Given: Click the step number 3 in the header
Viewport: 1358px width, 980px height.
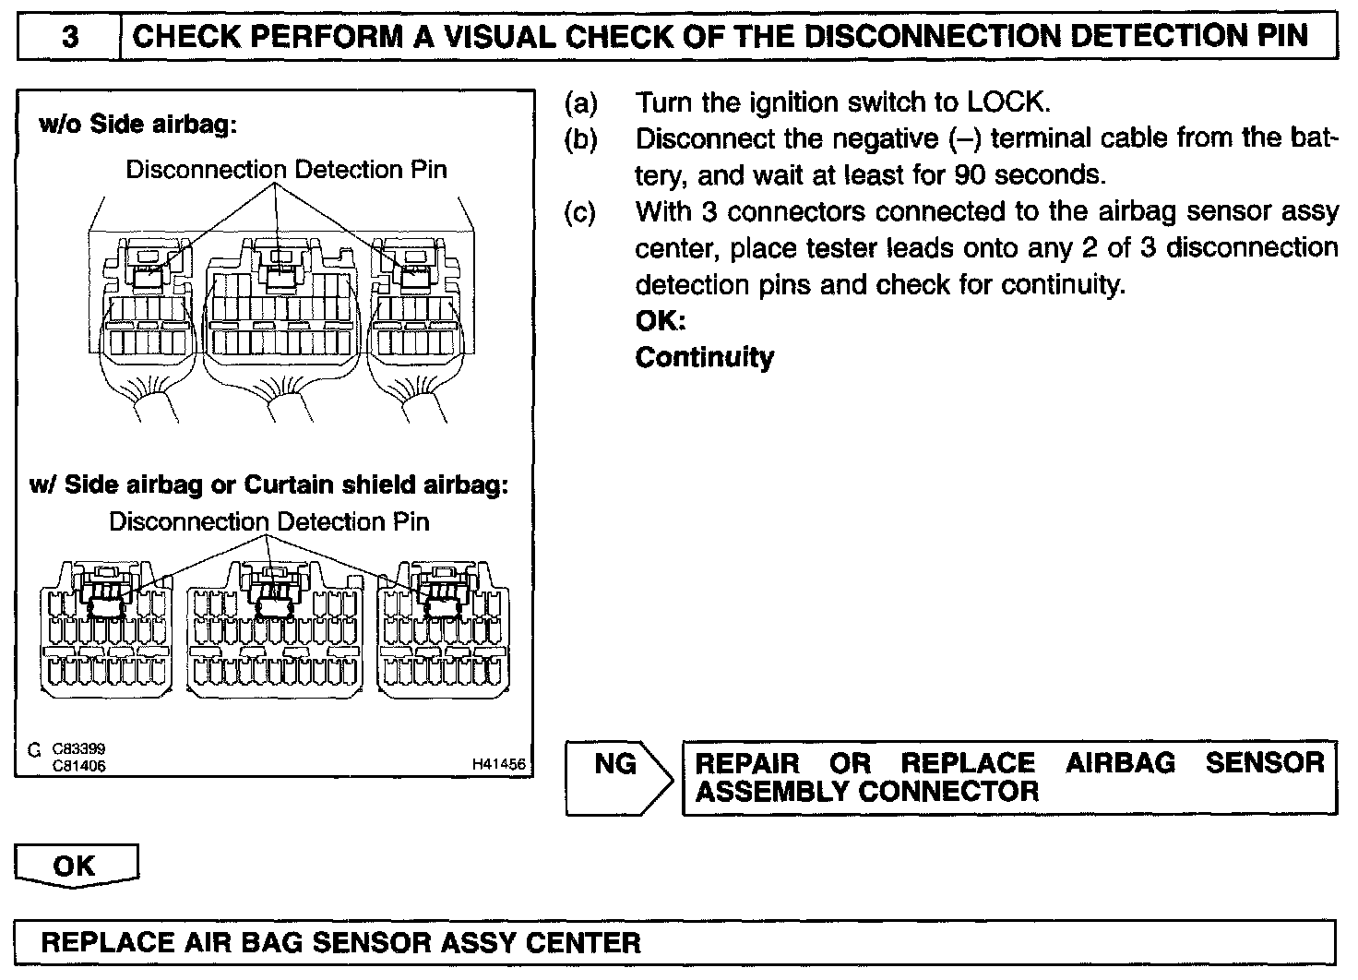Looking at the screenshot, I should click(x=70, y=38).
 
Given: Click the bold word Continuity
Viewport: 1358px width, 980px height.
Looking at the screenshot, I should click(x=704, y=357).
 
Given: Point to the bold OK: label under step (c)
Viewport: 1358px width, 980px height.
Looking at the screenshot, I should click(x=661, y=321).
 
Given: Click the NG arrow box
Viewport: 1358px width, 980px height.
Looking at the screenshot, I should click(x=616, y=777).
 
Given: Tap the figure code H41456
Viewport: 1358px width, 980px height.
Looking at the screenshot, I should click(x=498, y=764).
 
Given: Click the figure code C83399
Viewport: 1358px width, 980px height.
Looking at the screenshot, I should click(x=78, y=750).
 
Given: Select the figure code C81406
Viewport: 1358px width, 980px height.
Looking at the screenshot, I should click(x=78, y=765).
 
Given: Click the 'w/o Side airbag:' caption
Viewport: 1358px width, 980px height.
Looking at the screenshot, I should click(x=137, y=125).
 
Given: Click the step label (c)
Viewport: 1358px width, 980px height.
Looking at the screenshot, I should click(x=580, y=211).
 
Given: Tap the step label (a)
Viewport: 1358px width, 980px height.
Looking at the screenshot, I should click(x=580, y=102).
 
